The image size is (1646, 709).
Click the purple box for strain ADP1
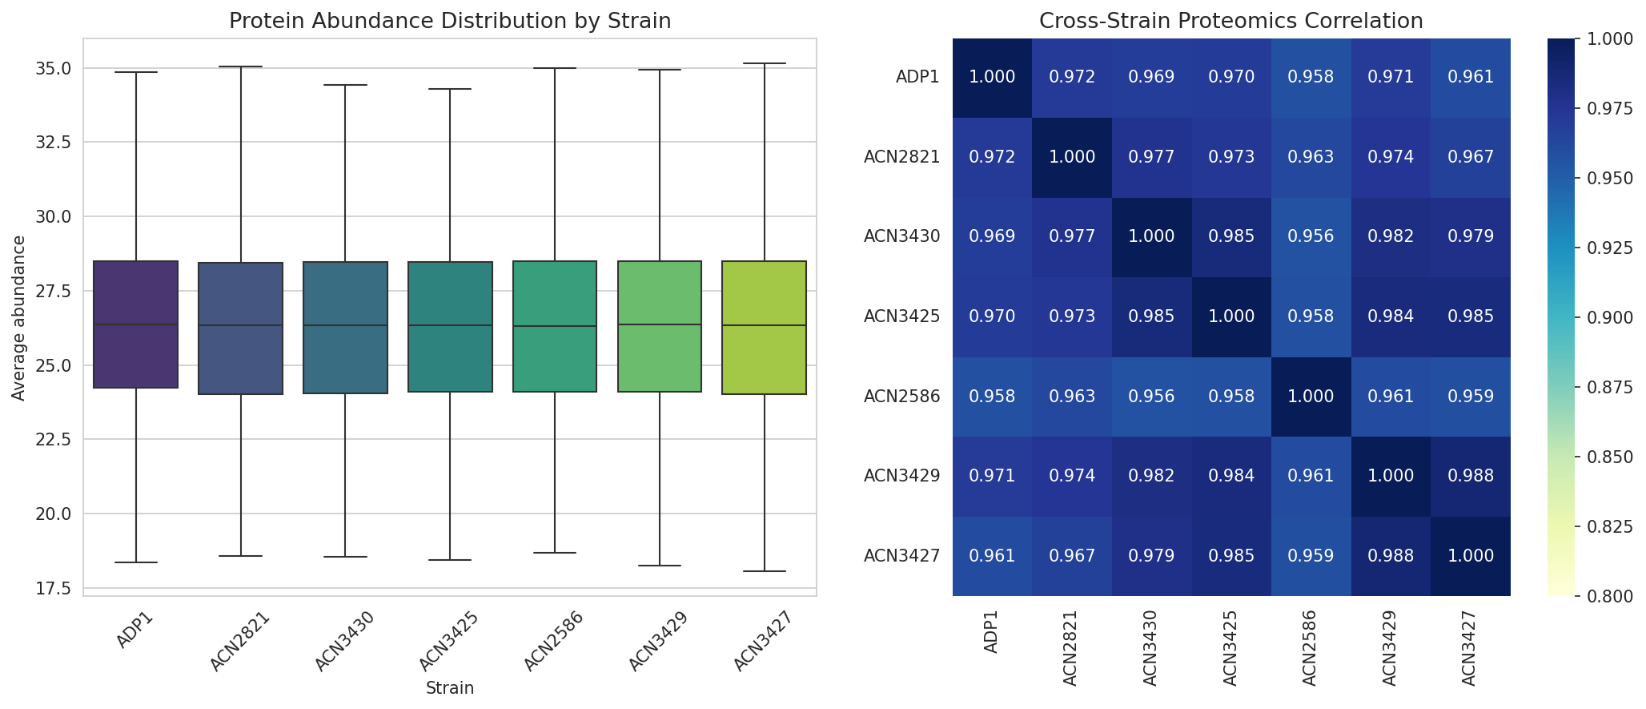click(135, 324)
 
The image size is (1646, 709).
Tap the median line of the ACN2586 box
click(555, 326)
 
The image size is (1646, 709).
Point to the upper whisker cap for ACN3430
click(345, 85)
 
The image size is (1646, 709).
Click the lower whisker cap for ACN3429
click(659, 566)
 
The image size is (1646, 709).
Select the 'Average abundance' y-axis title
click(18, 317)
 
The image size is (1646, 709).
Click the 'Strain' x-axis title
click(449, 688)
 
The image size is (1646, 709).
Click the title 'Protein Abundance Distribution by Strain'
click(449, 22)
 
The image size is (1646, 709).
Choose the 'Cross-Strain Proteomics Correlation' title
click(1230, 22)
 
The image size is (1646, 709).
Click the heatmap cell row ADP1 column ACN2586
click(1311, 78)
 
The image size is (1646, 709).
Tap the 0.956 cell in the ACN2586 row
click(1151, 397)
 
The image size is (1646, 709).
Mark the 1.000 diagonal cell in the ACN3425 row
click(1230, 316)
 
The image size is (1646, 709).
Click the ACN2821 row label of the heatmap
click(901, 157)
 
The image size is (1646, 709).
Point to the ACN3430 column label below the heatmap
click(1151, 648)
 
